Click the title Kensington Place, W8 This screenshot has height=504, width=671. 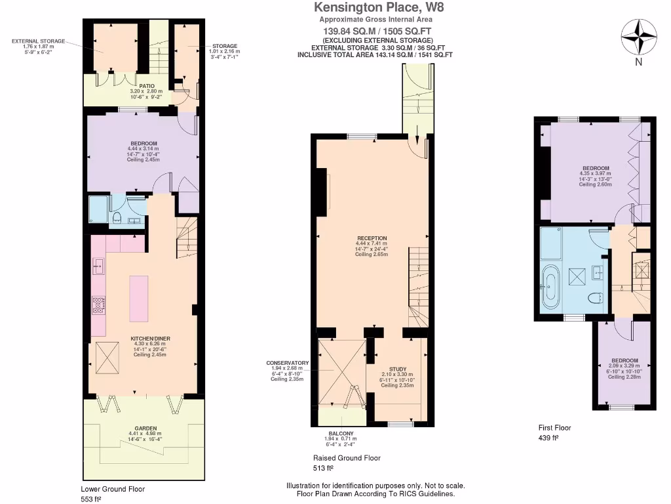tap(375, 8)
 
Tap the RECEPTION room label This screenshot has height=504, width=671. tap(372, 238)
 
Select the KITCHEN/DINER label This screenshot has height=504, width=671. tap(150, 338)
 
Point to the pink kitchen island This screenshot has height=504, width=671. tap(139, 298)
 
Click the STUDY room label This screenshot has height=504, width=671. tap(397, 369)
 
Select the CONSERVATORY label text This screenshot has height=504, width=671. tap(287, 363)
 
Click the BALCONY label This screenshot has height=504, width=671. tap(341, 434)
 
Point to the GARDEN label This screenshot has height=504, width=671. tap(142, 429)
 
